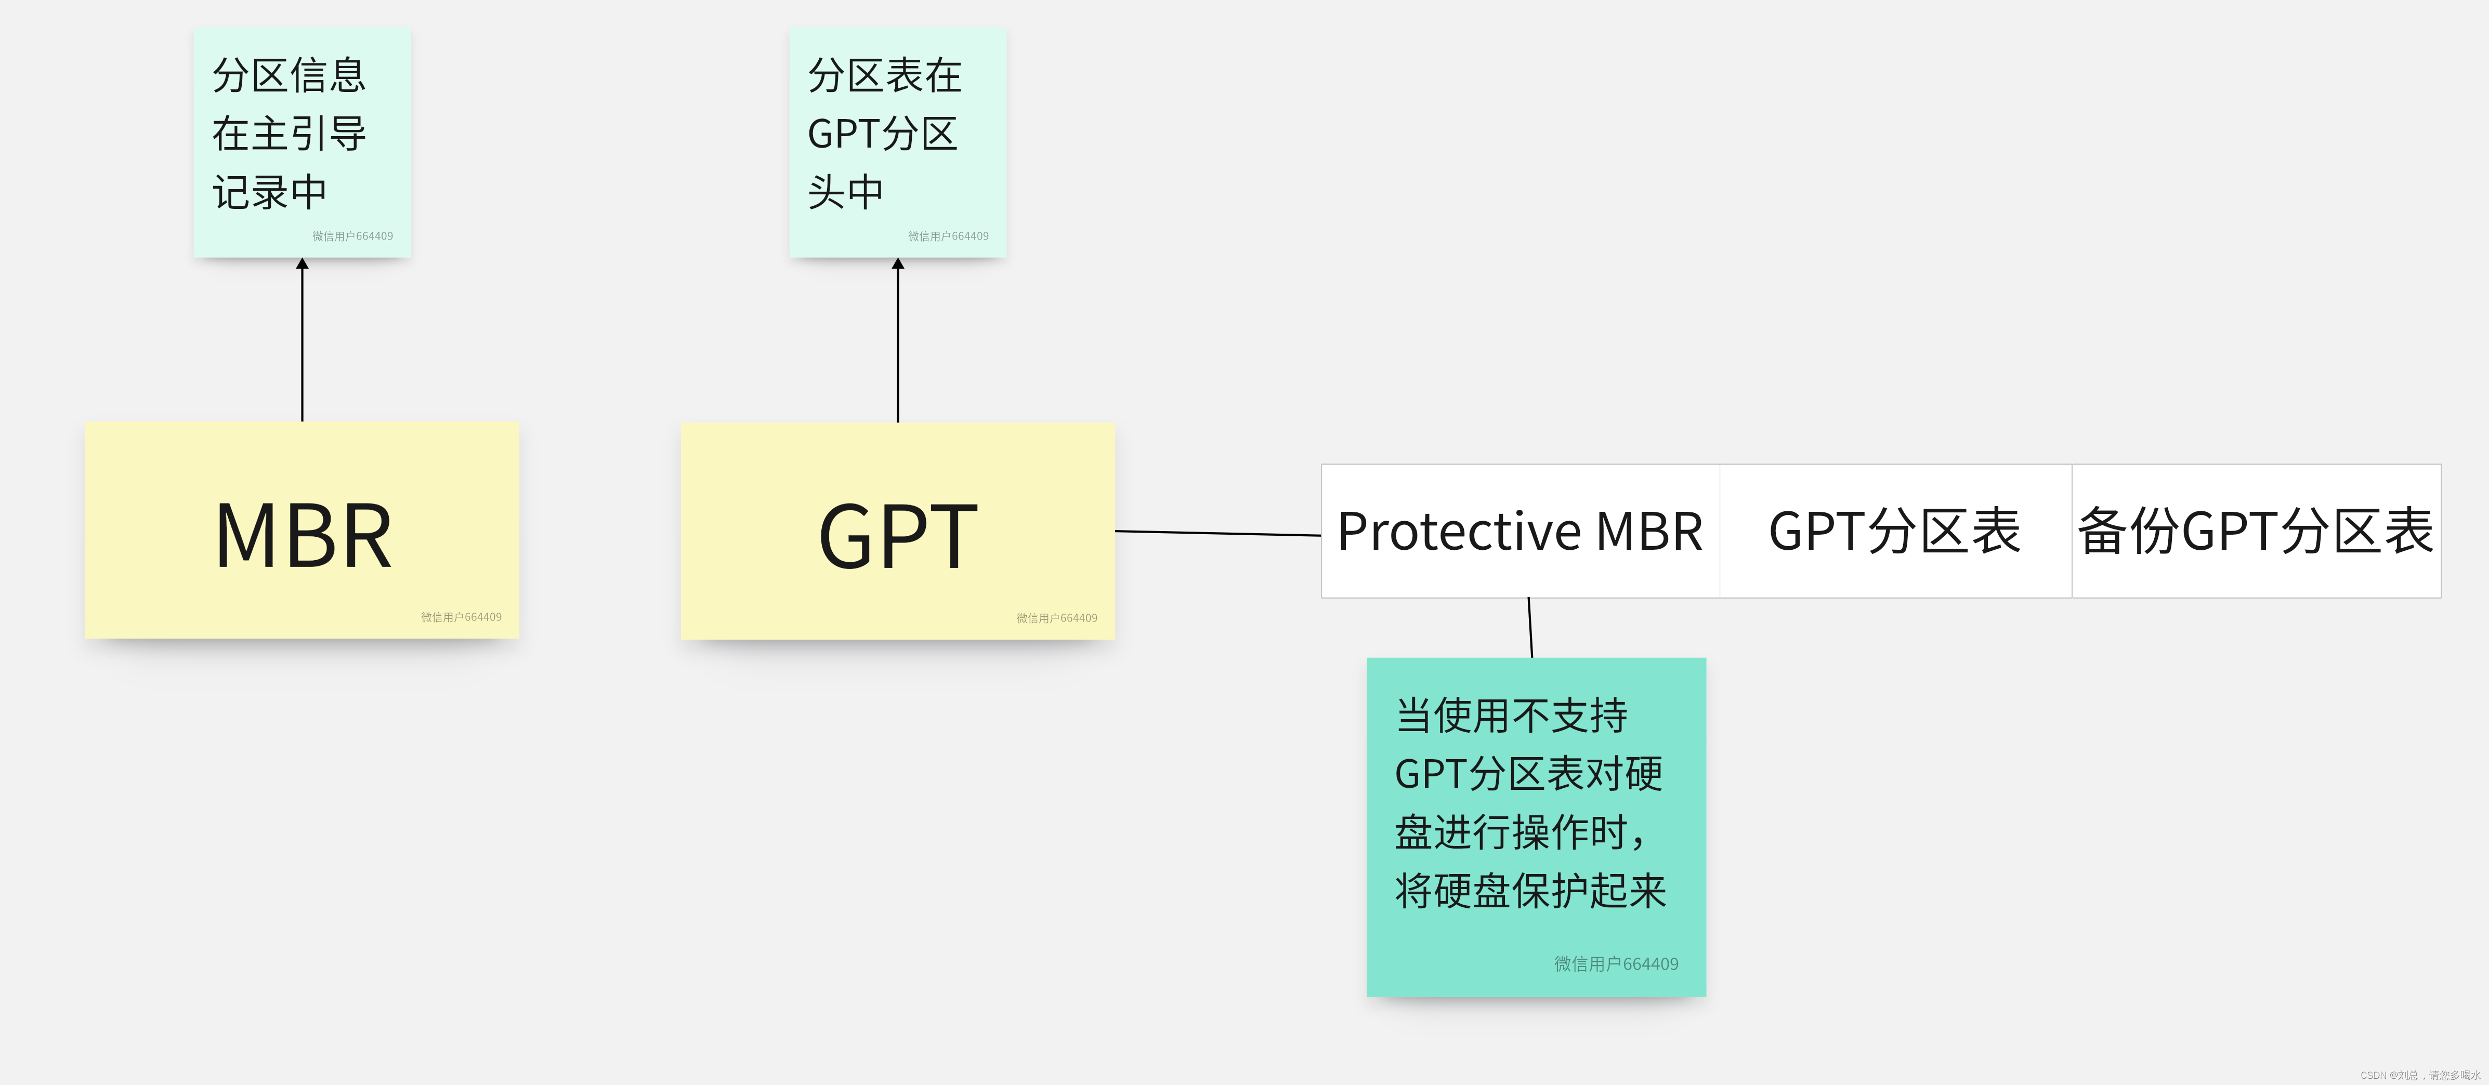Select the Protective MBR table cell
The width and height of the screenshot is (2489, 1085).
coord(1520,532)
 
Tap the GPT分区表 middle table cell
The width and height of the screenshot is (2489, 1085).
coord(1895,532)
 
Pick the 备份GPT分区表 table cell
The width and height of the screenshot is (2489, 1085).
coord(2255,532)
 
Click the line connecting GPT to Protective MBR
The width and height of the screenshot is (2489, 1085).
coord(1217,532)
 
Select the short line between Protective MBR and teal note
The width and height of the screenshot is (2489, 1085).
coord(1530,628)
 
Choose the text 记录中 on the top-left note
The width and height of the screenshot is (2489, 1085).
coord(270,192)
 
